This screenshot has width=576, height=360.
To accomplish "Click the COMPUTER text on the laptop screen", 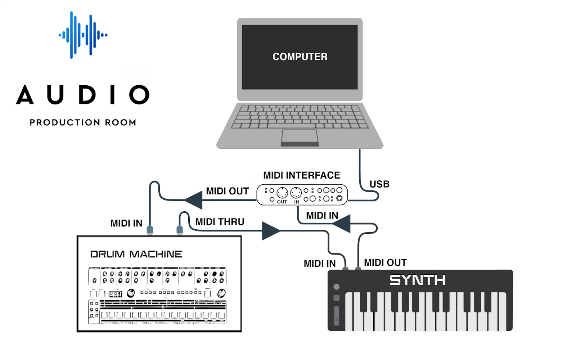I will pyautogui.click(x=300, y=57).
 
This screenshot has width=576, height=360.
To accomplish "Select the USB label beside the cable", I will pyautogui.click(x=379, y=184).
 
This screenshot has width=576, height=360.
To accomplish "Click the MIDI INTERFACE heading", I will pyautogui.click(x=301, y=175).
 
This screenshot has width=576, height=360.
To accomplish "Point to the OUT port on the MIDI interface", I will pyautogui.click(x=282, y=193).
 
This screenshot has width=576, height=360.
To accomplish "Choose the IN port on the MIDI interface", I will pyautogui.click(x=296, y=193).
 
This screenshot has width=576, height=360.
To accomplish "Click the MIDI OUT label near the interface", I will pyautogui.click(x=227, y=191).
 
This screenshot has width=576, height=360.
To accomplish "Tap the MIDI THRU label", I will pyautogui.click(x=220, y=222).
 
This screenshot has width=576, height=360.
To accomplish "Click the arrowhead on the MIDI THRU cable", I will pyautogui.click(x=271, y=231).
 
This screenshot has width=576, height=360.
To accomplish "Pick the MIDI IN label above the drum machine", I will pyautogui.click(x=126, y=223).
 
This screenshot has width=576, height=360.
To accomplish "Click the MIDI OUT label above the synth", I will pyautogui.click(x=385, y=262).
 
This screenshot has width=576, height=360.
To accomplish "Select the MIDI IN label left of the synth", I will pyautogui.click(x=320, y=264).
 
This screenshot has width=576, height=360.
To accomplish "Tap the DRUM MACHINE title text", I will pyautogui.click(x=136, y=254).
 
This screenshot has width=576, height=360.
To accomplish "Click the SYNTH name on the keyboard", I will pyautogui.click(x=417, y=280).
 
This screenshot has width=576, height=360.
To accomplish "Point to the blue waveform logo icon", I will pyautogui.click(x=83, y=35).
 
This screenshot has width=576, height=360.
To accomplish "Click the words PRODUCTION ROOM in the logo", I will pyautogui.click(x=83, y=122).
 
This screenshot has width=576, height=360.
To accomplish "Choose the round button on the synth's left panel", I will pyautogui.click(x=337, y=287).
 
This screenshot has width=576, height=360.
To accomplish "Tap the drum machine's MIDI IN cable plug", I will pyautogui.click(x=150, y=230).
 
